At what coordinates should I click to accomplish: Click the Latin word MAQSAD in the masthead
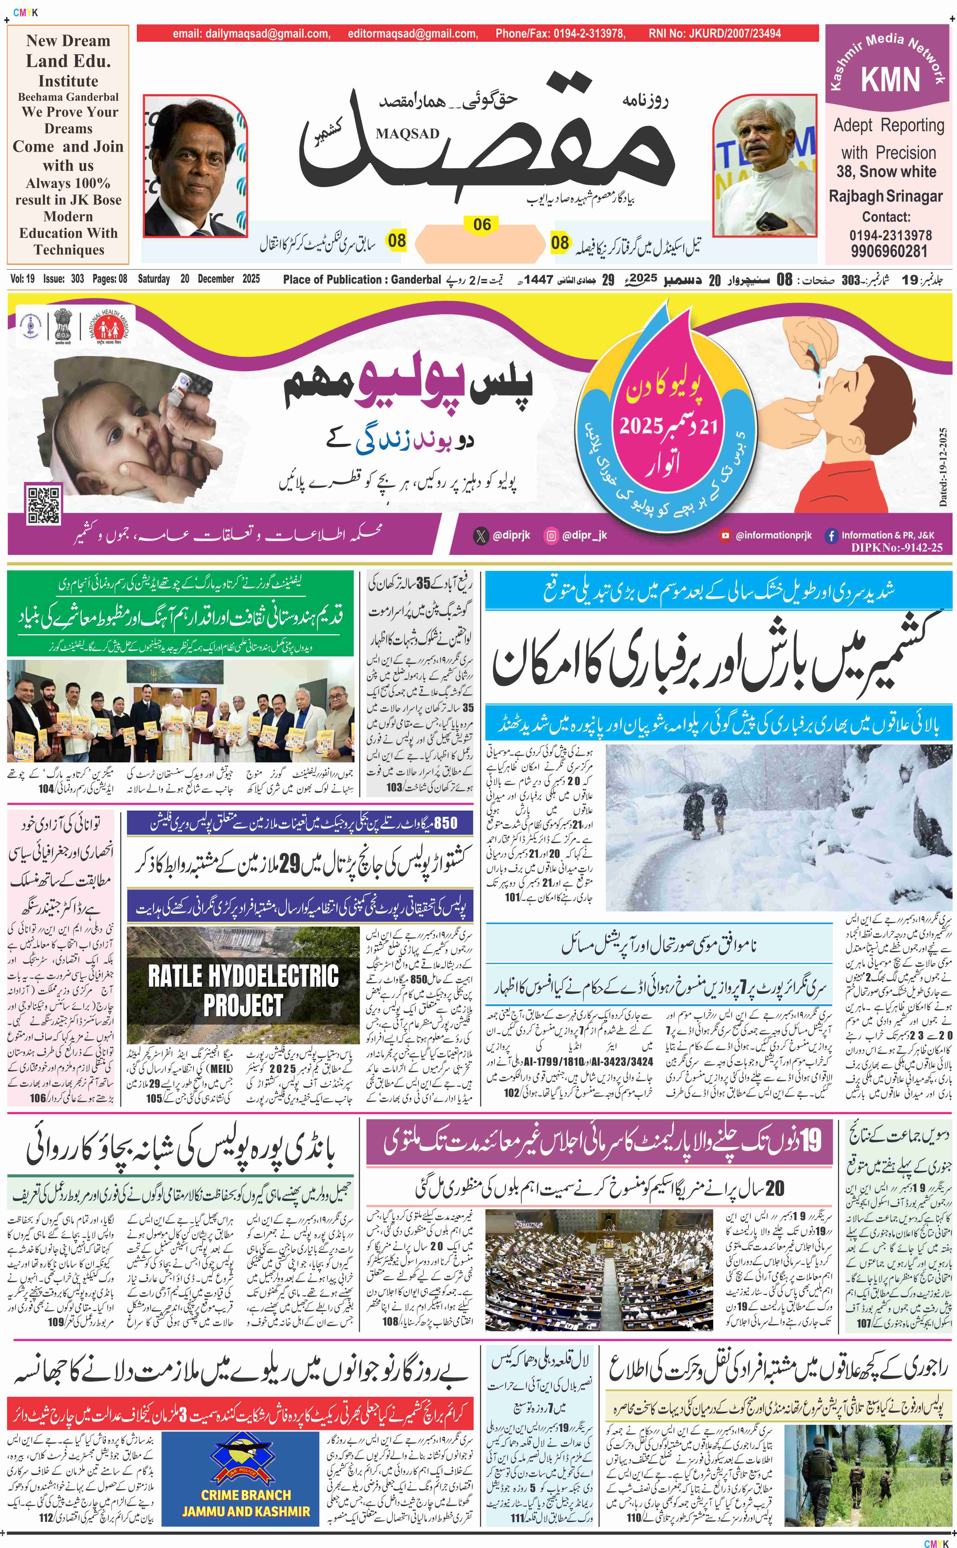point(407,133)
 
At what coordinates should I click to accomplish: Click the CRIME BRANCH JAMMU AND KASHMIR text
point(246,1502)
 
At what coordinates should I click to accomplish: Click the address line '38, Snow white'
point(886,172)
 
